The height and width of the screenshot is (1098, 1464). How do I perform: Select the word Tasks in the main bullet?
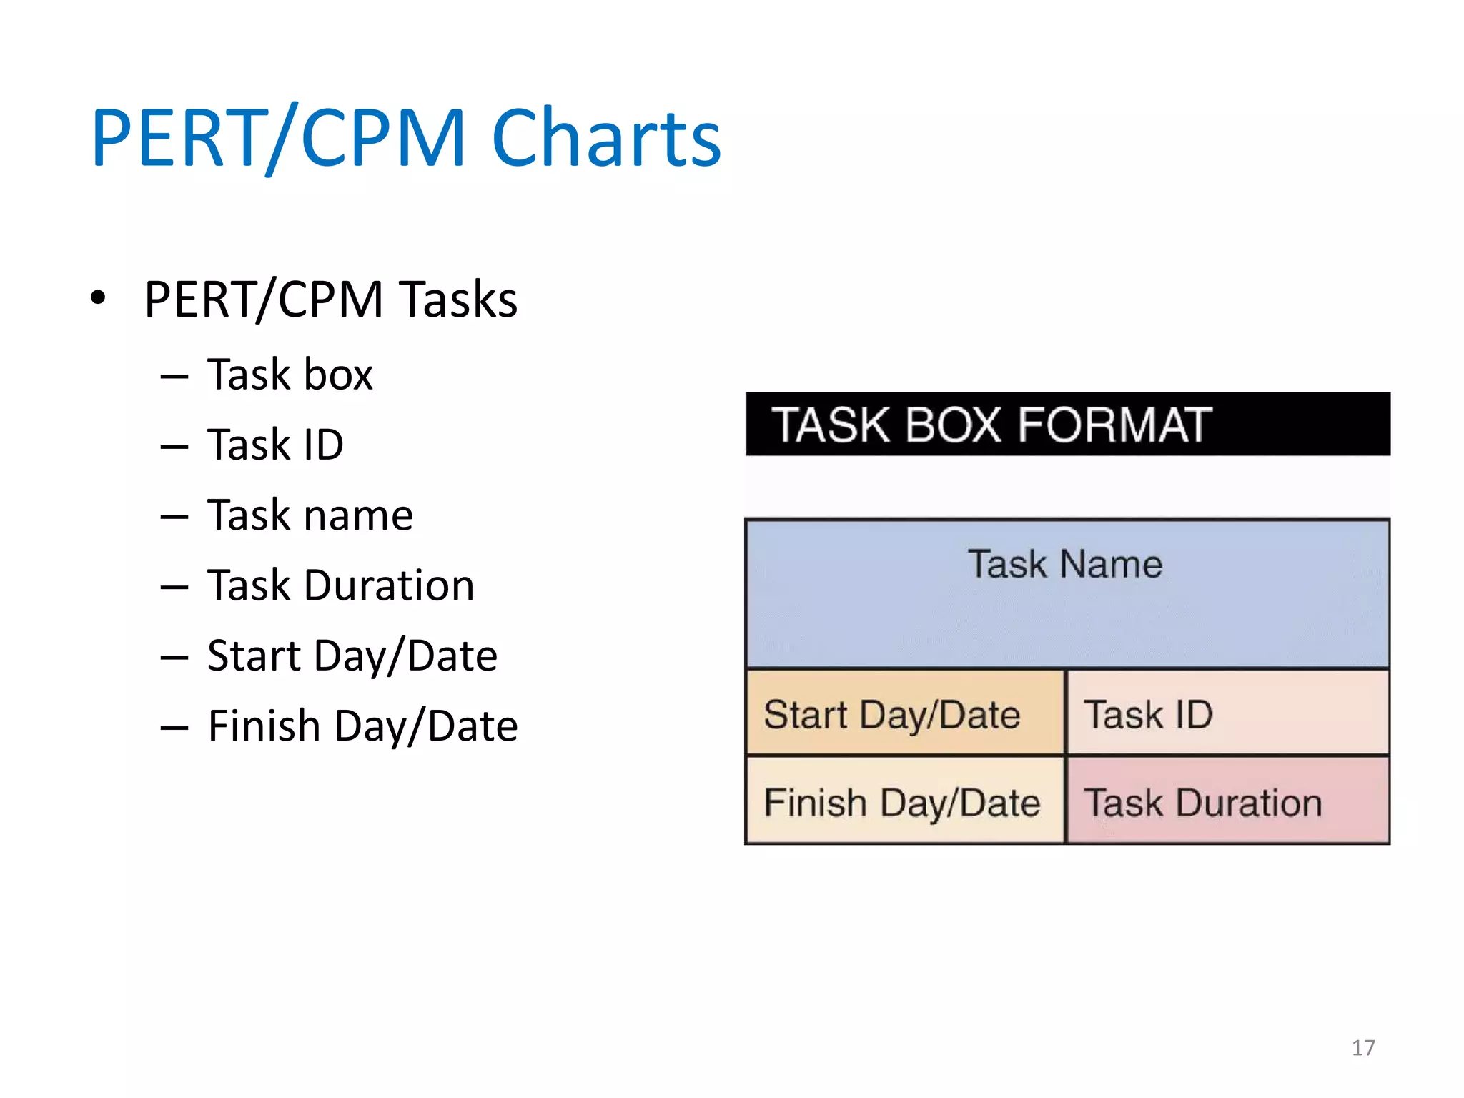[x=458, y=300]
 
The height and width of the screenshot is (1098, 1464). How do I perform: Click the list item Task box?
[x=290, y=375]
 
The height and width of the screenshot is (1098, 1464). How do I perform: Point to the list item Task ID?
[x=275, y=445]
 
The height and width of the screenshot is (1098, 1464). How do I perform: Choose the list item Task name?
[x=310, y=515]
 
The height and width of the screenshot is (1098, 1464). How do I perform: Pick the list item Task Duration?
[x=340, y=585]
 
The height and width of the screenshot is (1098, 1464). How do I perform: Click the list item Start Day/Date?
[x=352, y=656]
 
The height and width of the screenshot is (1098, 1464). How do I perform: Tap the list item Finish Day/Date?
[x=362, y=726]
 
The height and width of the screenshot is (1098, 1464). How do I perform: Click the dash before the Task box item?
[x=174, y=377]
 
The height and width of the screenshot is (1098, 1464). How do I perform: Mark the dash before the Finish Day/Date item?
[x=174, y=728]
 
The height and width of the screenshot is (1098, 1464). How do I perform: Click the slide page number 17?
[x=1363, y=1048]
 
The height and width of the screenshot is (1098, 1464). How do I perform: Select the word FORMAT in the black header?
[x=1115, y=425]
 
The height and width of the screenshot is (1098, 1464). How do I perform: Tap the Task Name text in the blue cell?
[x=1065, y=565]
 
